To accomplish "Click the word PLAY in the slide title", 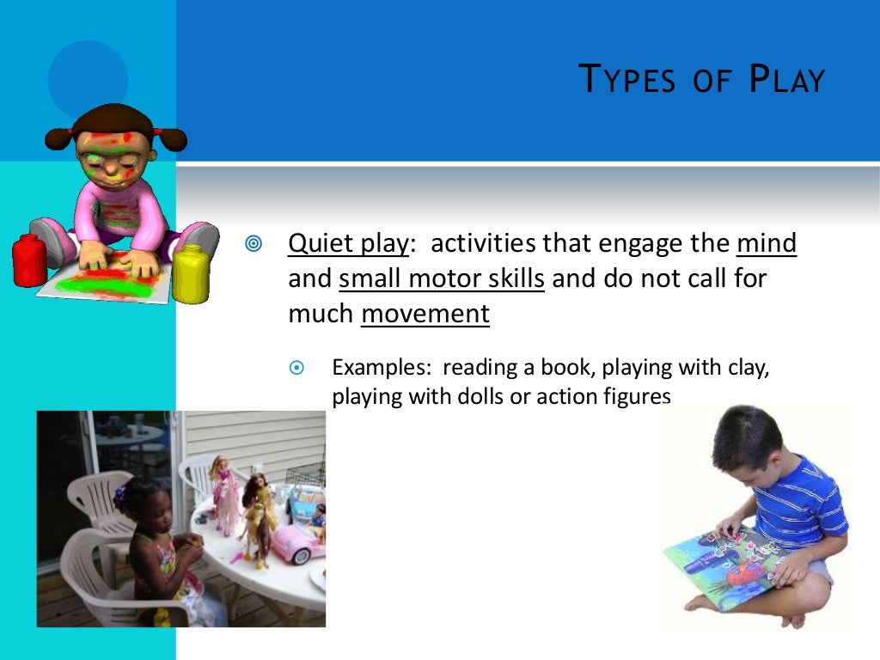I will tap(787, 80).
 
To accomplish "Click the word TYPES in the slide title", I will tap(627, 80).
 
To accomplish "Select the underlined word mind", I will tap(767, 244).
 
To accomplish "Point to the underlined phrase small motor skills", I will tap(442, 279).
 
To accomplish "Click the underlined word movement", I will tap(425, 315).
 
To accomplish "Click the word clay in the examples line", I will tap(744, 368).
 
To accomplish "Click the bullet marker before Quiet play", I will tap(253, 245).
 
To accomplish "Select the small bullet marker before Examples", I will tap(297, 368).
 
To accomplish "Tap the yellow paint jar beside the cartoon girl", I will tap(191, 273).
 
